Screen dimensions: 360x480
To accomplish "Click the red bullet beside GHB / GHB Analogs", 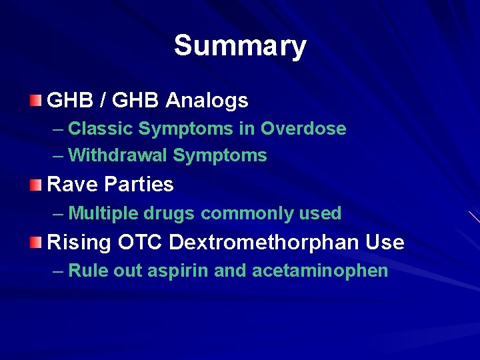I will (35, 101).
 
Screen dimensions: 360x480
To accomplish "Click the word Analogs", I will (207, 101).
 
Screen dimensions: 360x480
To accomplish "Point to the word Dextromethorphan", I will (264, 242).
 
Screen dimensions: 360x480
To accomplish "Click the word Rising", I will (79, 242).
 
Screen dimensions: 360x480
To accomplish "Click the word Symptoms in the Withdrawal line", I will (220, 156).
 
